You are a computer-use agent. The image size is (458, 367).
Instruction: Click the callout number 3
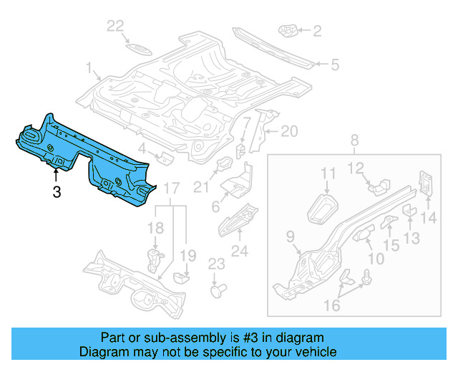(57, 191)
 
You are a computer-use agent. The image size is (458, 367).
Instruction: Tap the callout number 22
(116, 27)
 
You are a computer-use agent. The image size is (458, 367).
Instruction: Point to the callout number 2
(317, 30)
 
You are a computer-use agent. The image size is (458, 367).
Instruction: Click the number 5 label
(333, 65)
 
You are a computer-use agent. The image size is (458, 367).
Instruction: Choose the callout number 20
(288, 131)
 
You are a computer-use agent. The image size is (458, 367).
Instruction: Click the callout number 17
(170, 189)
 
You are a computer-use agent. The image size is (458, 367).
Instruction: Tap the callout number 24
(239, 251)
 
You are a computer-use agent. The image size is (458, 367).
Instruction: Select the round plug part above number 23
(218, 291)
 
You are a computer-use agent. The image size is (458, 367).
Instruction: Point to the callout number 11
(328, 173)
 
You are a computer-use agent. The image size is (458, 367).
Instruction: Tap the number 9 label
(290, 234)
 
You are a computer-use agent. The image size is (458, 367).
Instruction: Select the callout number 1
(91, 70)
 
